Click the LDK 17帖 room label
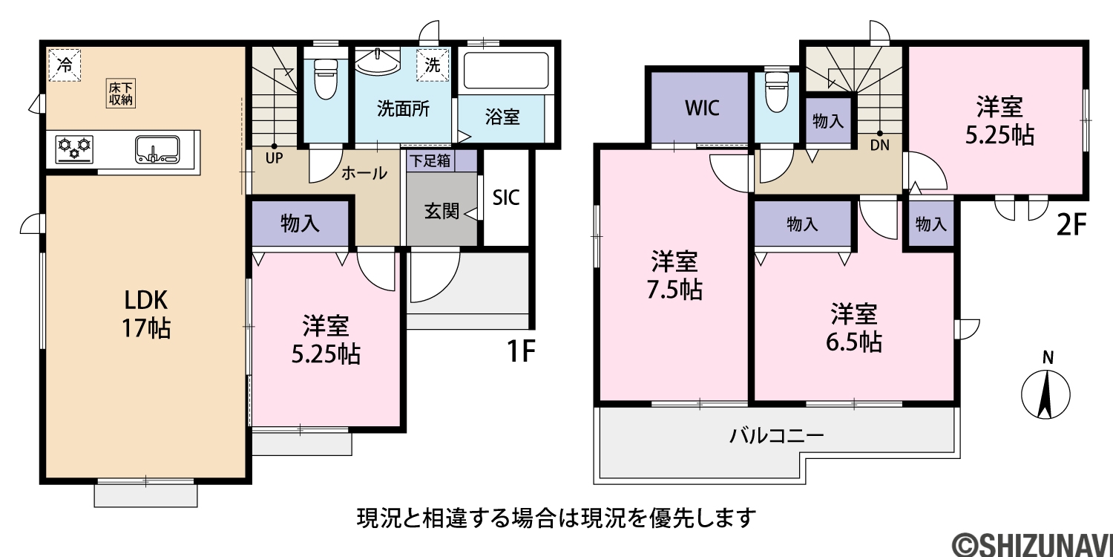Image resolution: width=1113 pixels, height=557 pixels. pos(147,314)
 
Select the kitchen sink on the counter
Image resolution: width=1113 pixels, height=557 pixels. pos(157,149)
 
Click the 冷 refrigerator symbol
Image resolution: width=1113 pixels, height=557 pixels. pos(65,64)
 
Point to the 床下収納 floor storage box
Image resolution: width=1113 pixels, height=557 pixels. pos(121,93)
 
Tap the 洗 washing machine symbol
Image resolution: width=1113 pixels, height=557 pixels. pos(433,65)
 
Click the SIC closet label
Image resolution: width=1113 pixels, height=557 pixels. pos(506,198)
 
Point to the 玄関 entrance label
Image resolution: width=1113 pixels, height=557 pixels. pos(441,212)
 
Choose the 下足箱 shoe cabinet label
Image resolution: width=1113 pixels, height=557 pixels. pos(430,160)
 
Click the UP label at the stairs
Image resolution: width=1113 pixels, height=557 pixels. pos(274,159)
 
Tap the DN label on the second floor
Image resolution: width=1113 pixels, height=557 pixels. pos(879,146)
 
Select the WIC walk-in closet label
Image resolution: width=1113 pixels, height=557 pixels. pos(702,108)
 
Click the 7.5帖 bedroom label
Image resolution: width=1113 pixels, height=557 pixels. pos(674,276)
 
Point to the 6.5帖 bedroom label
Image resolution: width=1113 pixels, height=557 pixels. pos(853,328)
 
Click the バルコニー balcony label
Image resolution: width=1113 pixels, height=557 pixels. pos(777,436)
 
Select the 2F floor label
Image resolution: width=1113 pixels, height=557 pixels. pos(1071,225)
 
